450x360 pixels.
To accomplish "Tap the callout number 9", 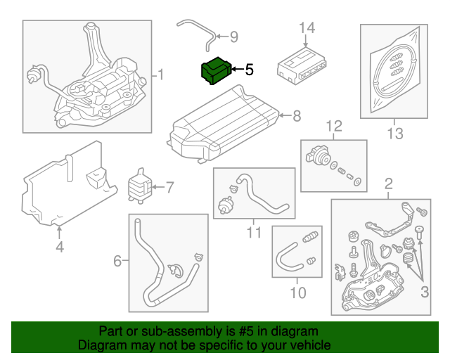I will (234, 37).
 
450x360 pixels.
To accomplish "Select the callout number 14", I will (307, 28).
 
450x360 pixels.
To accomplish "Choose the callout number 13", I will (394, 133).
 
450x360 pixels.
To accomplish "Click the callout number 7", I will (169, 187).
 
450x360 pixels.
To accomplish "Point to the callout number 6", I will (117, 262).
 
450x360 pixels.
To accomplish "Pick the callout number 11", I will (254, 232).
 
